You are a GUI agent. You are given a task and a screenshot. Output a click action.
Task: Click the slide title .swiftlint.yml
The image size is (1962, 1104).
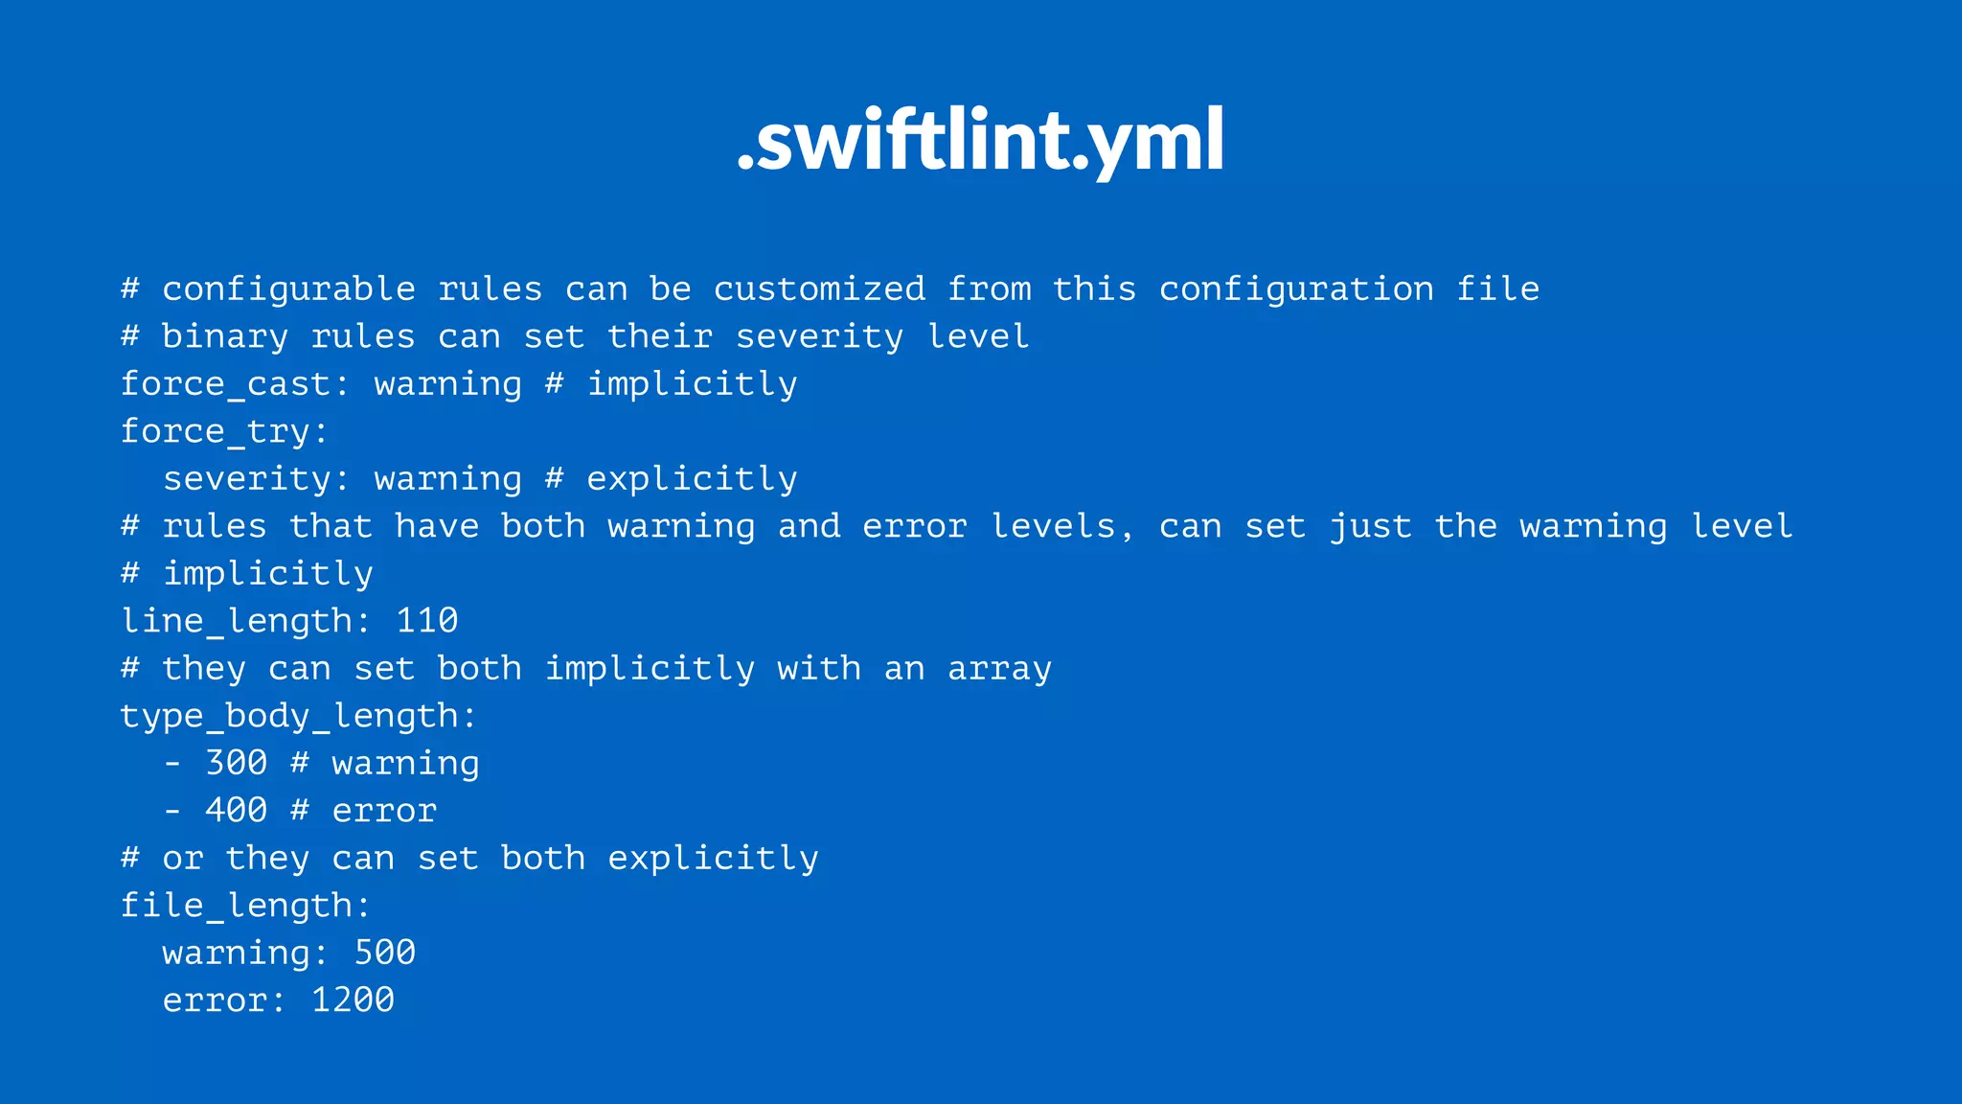click(981, 141)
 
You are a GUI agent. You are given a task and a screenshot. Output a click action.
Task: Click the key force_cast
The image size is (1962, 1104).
click(225, 384)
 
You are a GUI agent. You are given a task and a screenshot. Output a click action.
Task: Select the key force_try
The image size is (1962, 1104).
click(216, 432)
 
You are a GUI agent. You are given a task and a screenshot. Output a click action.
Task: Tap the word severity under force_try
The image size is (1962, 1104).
click(247, 478)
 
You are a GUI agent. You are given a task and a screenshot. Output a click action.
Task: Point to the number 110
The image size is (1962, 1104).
click(427, 621)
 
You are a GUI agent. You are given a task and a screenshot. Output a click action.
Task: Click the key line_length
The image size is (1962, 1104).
click(236, 621)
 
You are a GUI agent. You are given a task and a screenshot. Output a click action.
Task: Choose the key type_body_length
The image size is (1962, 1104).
click(288, 716)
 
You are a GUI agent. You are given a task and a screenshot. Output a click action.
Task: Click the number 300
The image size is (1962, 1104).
click(237, 763)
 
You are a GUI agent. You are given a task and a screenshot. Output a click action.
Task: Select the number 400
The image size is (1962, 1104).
click(237, 811)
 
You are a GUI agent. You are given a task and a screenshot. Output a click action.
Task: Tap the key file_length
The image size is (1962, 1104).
click(236, 906)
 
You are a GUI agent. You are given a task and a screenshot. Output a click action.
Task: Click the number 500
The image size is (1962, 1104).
click(385, 953)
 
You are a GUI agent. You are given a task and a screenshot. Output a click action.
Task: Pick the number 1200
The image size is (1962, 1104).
click(353, 1000)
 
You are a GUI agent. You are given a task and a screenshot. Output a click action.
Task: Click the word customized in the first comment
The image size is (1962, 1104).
click(819, 289)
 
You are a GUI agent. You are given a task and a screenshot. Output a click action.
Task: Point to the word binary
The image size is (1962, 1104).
click(225, 336)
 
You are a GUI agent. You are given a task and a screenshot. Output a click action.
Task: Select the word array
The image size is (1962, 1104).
click(999, 669)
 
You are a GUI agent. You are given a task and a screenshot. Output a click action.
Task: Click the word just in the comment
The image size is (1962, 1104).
click(1370, 526)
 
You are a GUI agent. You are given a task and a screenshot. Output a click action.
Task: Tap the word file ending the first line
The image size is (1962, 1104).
click(1497, 289)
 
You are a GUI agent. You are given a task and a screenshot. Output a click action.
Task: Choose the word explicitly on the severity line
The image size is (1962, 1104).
click(692, 478)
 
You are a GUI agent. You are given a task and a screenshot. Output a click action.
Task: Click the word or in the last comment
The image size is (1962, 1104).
click(183, 859)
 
